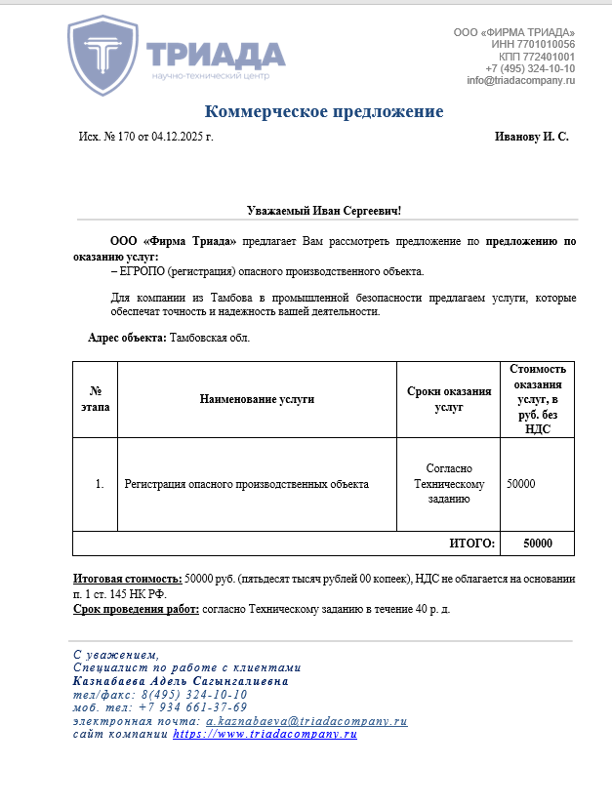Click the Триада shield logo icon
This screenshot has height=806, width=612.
(103, 55)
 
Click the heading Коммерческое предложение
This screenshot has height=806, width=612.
(324, 111)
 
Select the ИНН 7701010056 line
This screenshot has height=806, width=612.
(533, 45)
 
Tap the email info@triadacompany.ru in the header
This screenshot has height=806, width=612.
(520, 81)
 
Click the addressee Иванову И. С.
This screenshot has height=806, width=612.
(531, 137)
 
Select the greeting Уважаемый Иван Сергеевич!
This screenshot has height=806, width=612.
(323, 211)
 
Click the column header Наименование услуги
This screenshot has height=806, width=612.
(257, 399)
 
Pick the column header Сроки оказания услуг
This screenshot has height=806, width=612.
(448, 399)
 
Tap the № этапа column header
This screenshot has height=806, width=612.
(96, 399)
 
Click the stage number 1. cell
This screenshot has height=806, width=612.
(100, 484)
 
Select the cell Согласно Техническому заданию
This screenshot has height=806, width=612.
(448, 484)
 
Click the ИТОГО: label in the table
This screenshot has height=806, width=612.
(472, 544)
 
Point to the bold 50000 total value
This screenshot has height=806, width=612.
(537, 544)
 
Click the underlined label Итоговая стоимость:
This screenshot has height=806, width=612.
(128, 579)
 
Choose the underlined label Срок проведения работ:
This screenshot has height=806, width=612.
(136, 609)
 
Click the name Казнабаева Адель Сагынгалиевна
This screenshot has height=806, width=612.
(181, 681)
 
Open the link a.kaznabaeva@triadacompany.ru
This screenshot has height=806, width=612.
(306, 721)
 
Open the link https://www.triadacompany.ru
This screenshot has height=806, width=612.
(265, 734)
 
